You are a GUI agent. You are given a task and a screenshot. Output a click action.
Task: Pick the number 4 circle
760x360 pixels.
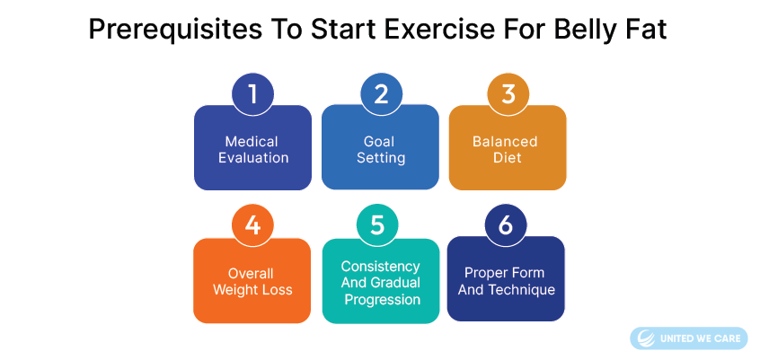click(253, 226)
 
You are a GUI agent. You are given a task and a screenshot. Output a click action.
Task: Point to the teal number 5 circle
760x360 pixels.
click(378, 226)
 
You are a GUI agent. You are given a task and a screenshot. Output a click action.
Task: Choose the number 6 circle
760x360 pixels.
click(505, 226)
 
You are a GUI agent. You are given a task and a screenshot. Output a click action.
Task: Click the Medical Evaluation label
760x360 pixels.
click(252, 150)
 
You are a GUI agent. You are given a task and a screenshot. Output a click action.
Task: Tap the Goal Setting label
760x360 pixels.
click(380, 150)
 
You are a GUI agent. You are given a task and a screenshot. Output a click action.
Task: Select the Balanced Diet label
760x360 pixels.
click(507, 150)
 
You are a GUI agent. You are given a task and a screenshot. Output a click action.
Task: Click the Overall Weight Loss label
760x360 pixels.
click(252, 281)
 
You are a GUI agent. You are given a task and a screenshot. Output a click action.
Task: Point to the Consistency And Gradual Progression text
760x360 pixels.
click(380, 283)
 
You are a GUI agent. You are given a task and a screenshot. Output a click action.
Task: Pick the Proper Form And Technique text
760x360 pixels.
click(506, 281)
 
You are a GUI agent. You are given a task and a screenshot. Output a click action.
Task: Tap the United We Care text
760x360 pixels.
click(699, 338)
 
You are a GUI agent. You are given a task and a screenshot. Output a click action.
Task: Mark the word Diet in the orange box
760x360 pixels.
click(507, 158)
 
